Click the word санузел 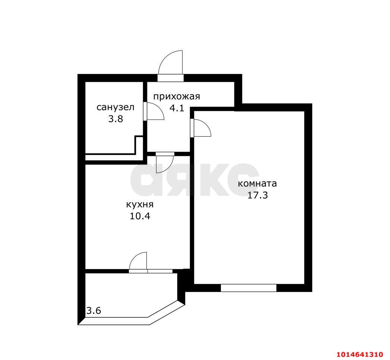tap(115, 108)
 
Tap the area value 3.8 tap(115, 119)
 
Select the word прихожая tap(177, 96)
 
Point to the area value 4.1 tap(177, 108)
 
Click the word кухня tap(140, 205)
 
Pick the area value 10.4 tap(140, 216)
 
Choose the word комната tap(257, 184)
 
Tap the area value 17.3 tap(257, 195)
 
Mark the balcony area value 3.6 tap(93, 310)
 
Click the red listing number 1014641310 tap(360, 354)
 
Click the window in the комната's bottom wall tap(248, 288)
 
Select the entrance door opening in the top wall tap(171, 78)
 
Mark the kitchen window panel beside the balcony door tap(160, 271)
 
